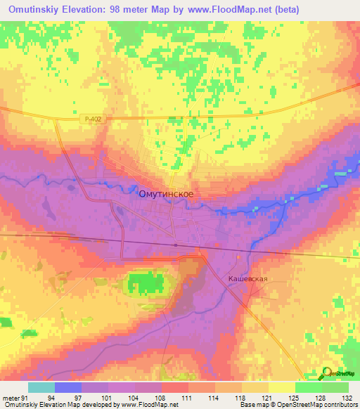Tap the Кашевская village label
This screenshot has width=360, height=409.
[248, 279]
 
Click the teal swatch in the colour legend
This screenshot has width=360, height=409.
[41, 387]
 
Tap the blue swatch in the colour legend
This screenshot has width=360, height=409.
[68, 387]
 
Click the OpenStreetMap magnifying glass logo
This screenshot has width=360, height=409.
[328, 373]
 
